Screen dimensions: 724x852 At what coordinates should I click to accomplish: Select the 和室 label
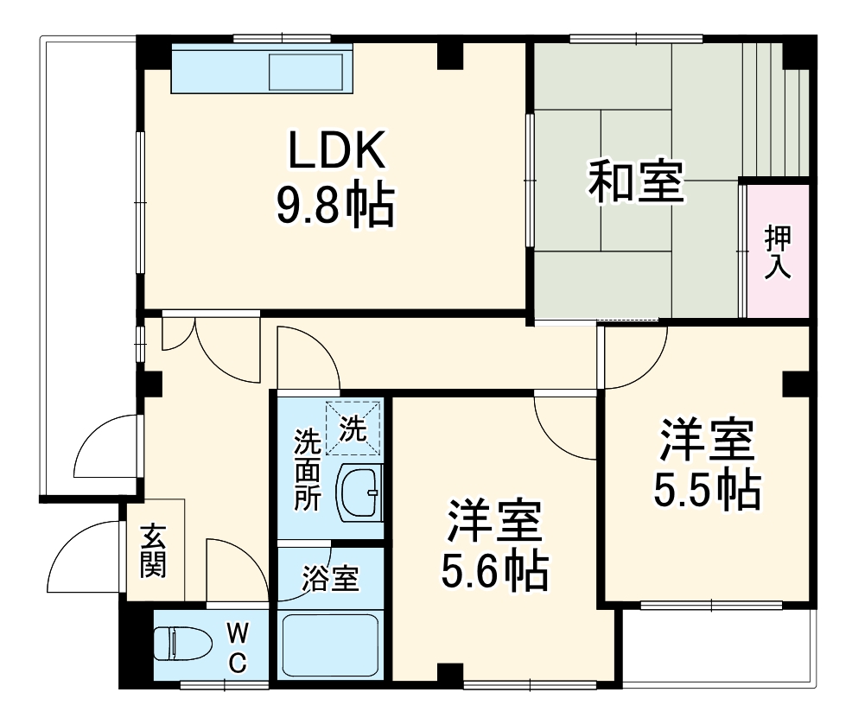coord(637,182)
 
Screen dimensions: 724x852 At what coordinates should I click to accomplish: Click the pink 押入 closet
coord(778,251)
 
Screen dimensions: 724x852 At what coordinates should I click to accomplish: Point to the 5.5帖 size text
coord(706,491)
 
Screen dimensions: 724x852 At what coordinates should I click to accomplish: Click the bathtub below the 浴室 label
coord(331,646)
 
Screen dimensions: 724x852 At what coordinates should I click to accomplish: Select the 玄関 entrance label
coord(154,550)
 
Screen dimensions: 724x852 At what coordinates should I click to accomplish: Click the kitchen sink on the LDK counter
coord(308,72)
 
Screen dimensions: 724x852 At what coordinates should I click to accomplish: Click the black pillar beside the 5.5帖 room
coord(795,384)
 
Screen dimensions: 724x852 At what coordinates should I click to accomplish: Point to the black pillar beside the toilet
coord(135,644)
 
